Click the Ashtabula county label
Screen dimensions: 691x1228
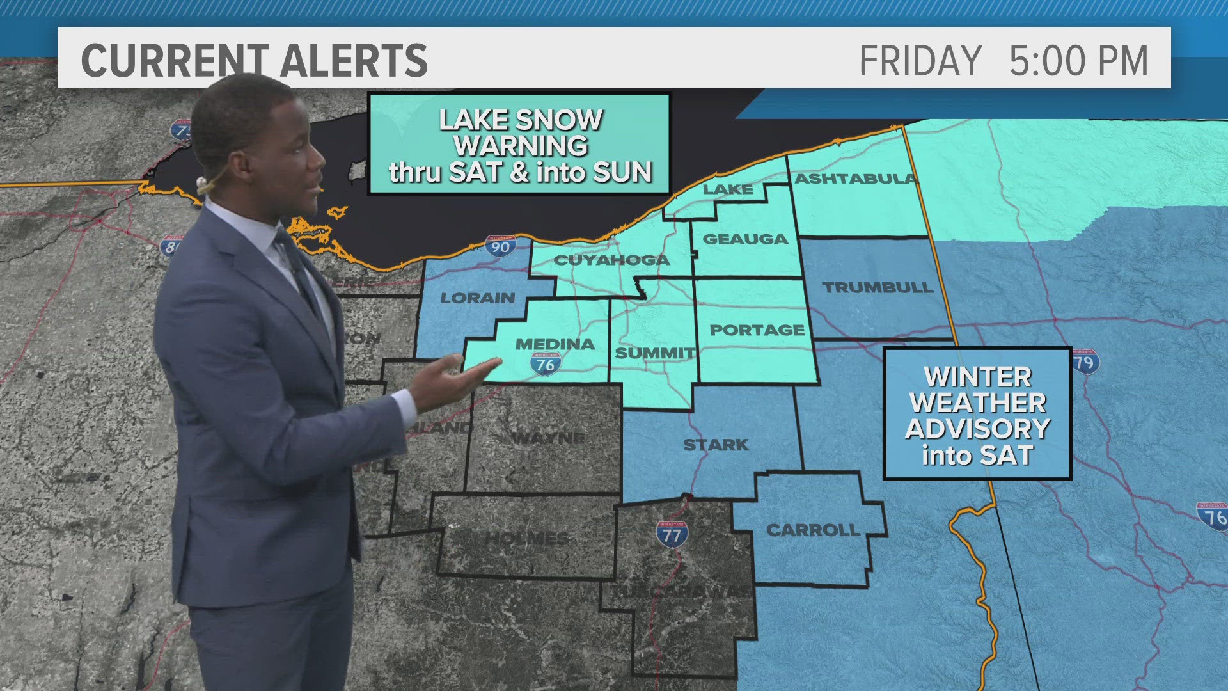click(x=855, y=179)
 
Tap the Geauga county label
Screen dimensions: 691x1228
click(x=745, y=239)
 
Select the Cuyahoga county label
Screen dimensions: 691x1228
click(x=611, y=260)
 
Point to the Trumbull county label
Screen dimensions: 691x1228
click(x=878, y=287)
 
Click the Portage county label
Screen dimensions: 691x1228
click(x=757, y=330)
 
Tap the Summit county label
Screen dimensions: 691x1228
click(x=654, y=353)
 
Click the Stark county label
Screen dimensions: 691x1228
click(x=716, y=445)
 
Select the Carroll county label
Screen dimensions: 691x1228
click(x=813, y=530)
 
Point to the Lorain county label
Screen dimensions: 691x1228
click(x=478, y=298)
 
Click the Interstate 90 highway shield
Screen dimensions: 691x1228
click(x=500, y=246)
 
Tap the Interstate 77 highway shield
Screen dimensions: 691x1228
click(x=672, y=534)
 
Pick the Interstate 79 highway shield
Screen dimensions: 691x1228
click(x=1085, y=361)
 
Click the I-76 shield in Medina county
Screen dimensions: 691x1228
click(x=545, y=363)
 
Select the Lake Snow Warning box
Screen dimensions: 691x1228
click(x=519, y=145)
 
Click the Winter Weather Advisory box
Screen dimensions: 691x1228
click(x=977, y=414)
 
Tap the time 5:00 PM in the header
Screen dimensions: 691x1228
click(x=1078, y=61)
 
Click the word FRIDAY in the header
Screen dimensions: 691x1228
click(x=920, y=61)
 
